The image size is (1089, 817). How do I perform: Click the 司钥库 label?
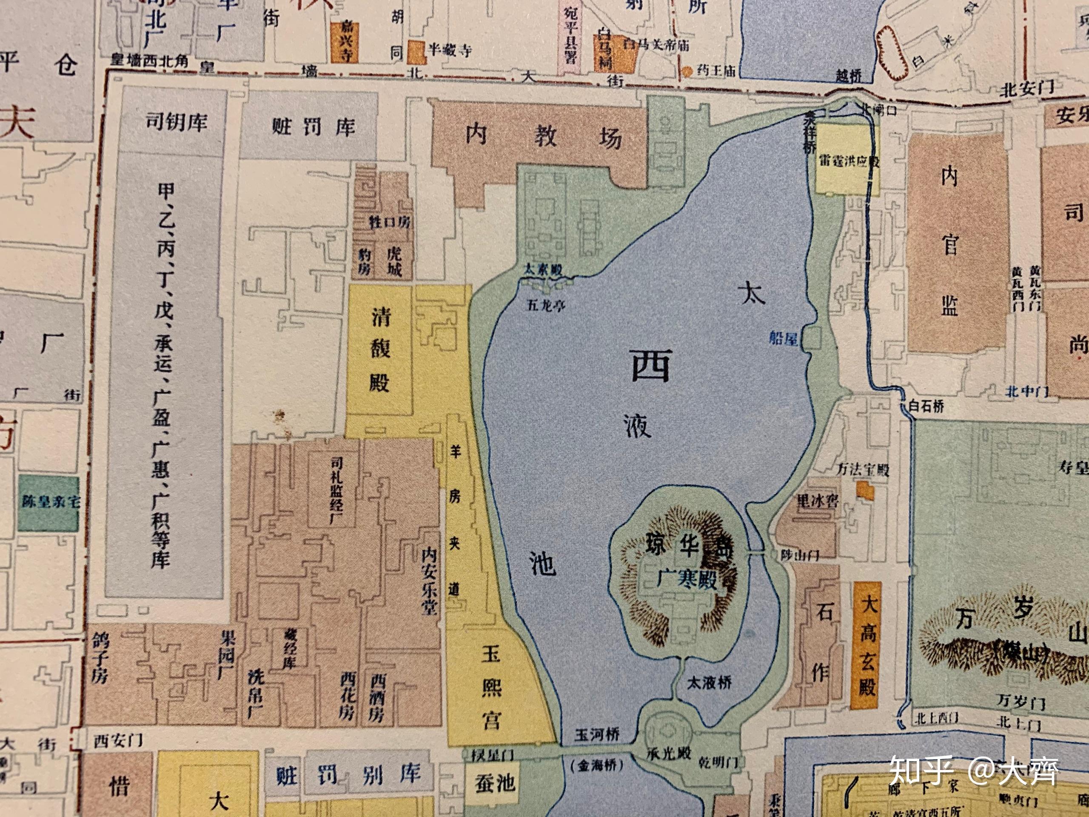click(x=176, y=122)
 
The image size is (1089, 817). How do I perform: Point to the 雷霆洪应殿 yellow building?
click(x=848, y=160)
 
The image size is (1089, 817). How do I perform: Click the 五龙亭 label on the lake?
click(x=546, y=306)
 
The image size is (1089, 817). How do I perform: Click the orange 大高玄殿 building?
click(x=867, y=645)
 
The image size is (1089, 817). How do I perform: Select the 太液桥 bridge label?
click(x=709, y=683)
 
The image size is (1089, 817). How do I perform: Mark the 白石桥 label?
click(x=926, y=406)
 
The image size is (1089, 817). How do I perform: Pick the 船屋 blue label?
click(x=783, y=338)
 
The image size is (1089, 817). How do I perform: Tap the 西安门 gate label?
click(x=118, y=740)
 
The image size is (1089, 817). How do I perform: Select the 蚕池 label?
click(x=494, y=783)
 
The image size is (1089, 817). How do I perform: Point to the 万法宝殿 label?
click(x=863, y=469)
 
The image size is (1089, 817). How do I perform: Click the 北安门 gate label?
click(x=1027, y=89)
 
